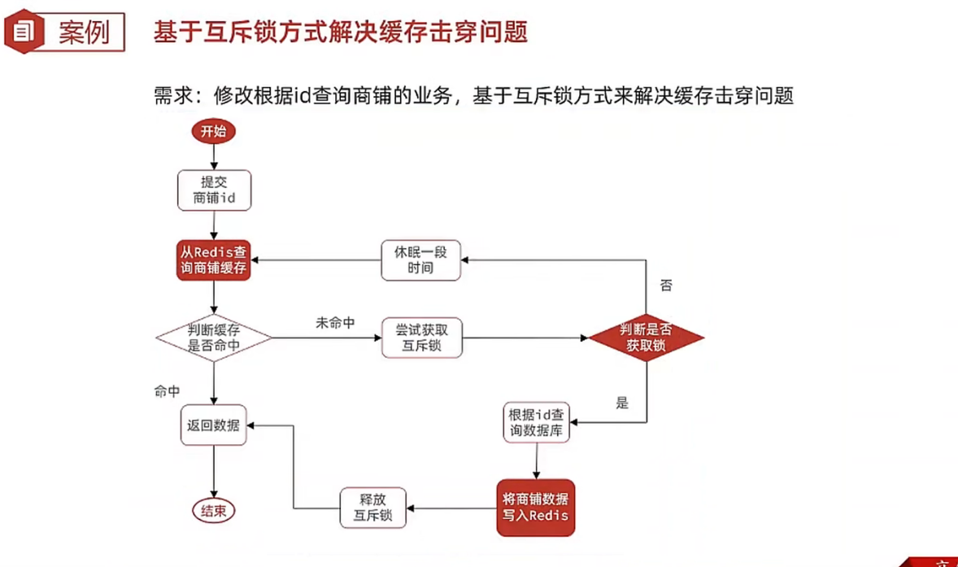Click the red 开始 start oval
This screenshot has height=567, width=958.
click(213, 131)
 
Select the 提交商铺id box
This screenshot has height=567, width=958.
click(214, 190)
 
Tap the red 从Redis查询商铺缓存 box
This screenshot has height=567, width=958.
click(214, 260)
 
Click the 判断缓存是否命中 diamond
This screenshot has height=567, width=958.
click(214, 338)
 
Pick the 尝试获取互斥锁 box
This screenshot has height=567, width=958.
click(422, 338)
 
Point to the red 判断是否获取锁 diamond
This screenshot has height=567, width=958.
click(647, 338)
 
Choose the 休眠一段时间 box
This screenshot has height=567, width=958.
click(422, 260)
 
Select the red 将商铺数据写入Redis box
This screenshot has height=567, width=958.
click(535, 507)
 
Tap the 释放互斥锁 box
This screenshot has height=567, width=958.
click(372, 507)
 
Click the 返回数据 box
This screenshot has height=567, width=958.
click(214, 425)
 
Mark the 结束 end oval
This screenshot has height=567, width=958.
click(214, 511)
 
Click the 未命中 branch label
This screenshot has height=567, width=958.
click(335, 323)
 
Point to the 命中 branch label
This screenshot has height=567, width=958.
click(168, 391)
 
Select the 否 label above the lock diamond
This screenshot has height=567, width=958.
click(666, 286)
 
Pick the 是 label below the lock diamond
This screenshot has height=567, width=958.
click(622, 403)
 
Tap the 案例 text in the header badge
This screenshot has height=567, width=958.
click(84, 33)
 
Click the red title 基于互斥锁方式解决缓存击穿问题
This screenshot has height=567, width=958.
click(341, 33)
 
